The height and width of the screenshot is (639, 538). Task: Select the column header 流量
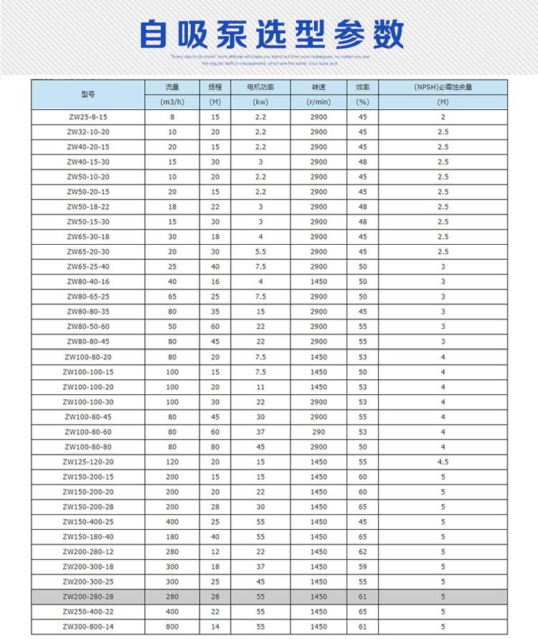[x=172, y=87]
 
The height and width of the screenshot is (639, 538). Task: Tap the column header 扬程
[x=215, y=87]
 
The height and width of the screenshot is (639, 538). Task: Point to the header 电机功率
[x=260, y=87]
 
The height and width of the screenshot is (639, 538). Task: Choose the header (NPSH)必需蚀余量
[x=443, y=87]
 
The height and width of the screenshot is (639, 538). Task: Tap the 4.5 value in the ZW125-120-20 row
[x=443, y=462]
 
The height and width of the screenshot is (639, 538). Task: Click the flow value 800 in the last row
[x=172, y=627]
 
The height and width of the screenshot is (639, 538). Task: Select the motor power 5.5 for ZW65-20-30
[x=260, y=251]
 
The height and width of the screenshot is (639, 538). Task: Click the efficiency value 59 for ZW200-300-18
[x=362, y=566]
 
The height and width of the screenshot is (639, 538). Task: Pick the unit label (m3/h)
[x=172, y=102]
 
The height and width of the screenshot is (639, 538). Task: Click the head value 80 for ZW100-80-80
[x=215, y=447]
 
